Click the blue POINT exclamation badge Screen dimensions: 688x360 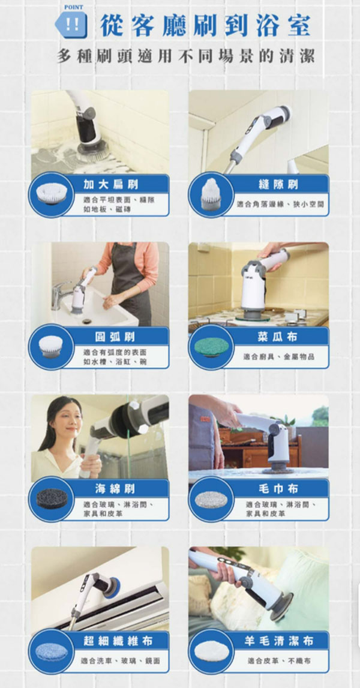(x=74, y=25)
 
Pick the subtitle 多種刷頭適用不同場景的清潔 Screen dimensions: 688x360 (x=186, y=57)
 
